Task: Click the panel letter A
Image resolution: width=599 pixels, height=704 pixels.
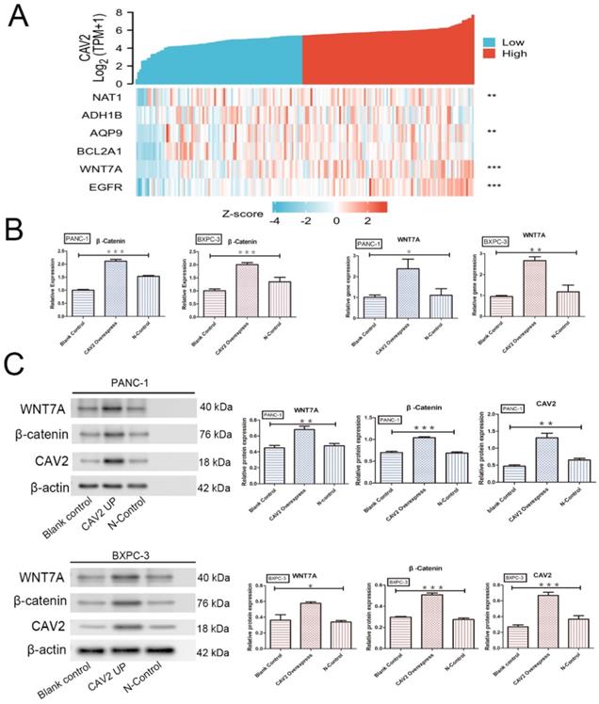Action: [x=18, y=20]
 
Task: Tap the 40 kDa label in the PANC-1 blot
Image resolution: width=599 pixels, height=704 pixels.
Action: [x=216, y=408]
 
